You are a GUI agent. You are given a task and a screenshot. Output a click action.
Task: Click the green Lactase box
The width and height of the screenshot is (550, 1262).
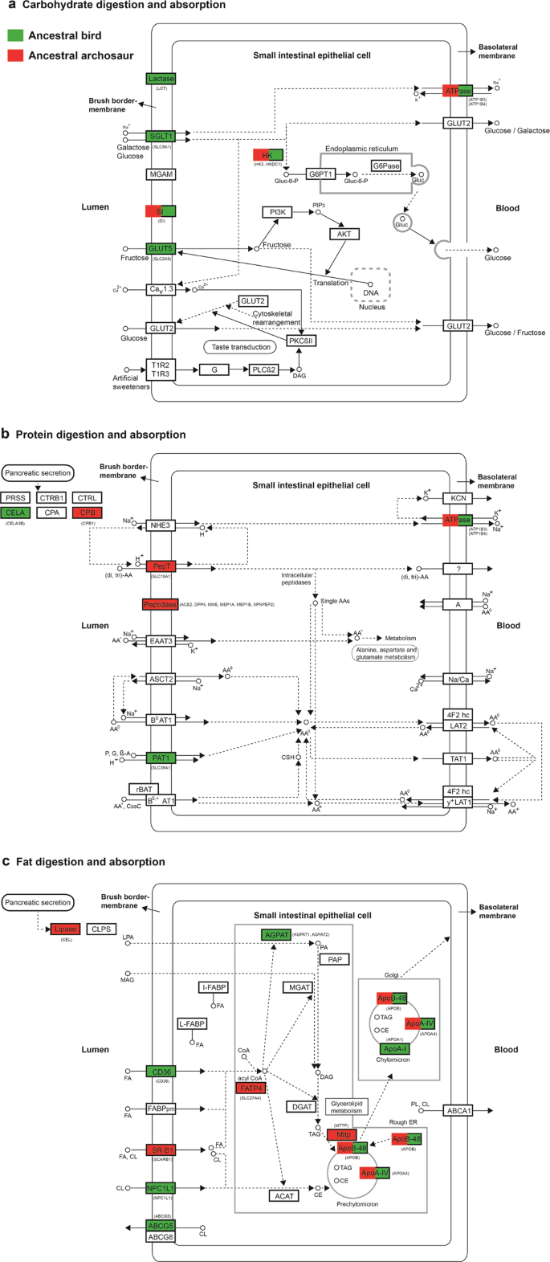[161, 79]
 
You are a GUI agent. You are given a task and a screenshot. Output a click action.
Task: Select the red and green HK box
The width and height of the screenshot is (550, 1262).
[267, 155]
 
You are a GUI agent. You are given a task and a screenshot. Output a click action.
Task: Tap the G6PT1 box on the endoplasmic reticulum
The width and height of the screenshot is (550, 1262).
[320, 174]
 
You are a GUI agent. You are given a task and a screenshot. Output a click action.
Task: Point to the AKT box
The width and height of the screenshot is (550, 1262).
[344, 235]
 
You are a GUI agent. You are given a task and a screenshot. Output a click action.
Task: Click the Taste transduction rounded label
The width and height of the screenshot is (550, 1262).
[241, 347]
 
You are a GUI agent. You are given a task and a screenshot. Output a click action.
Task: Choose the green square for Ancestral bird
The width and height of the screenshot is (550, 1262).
[15, 36]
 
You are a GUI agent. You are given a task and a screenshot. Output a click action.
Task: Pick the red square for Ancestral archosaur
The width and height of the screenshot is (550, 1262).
[15, 55]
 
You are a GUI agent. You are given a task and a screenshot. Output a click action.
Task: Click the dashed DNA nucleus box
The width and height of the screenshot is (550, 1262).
[370, 284]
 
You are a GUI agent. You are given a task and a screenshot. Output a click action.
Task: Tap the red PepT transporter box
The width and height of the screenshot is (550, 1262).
[161, 566]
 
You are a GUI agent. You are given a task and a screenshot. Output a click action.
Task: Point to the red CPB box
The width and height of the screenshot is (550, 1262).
[87, 513]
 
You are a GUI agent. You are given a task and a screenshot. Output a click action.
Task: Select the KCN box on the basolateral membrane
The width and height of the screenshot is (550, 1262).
[458, 499]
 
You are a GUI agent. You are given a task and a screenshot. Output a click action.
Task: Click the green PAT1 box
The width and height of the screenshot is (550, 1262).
[161, 758]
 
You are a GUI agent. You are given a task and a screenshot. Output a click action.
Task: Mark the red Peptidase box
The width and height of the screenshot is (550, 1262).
[160, 604]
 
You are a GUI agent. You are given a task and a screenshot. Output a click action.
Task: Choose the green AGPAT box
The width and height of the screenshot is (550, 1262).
[275, 935]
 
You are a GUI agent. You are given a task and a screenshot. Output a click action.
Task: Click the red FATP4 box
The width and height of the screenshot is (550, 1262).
[250, 1088]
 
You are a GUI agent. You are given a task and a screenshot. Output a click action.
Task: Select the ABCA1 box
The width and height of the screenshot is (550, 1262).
[458, 1111]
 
